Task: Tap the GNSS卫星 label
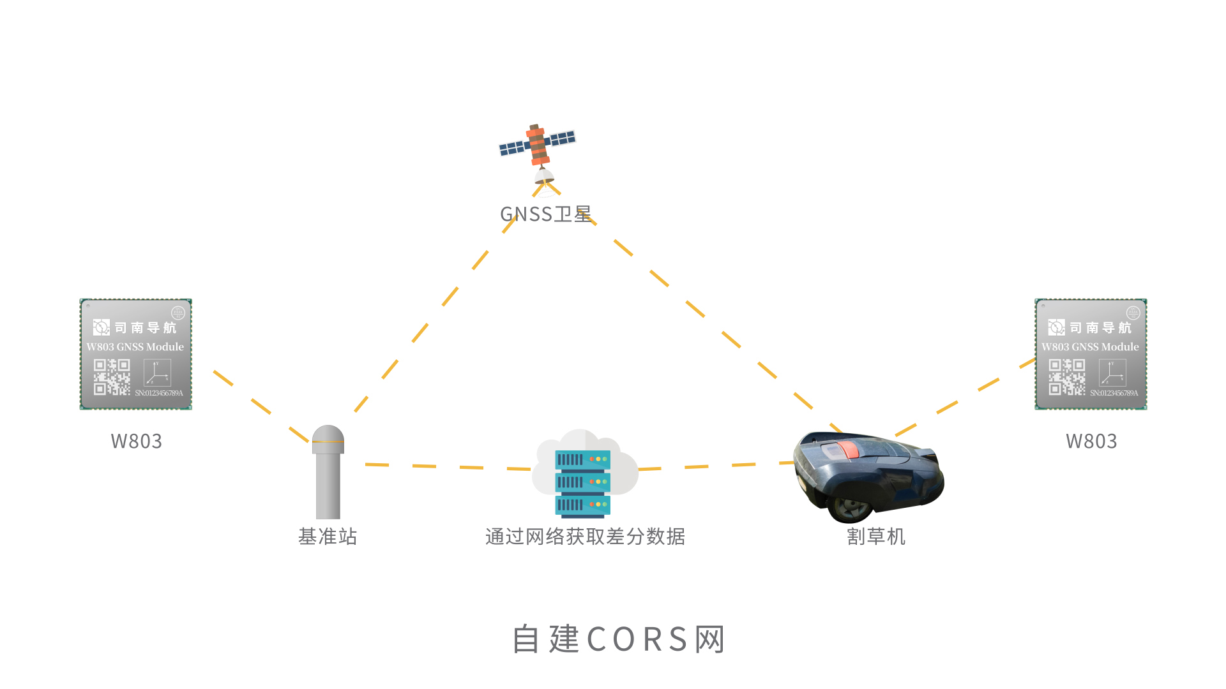[x=545, y=214]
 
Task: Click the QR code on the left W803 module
[x=112, y=376]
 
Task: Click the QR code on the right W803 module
[x=1066, y=376]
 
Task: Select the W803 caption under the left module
[x=136, y=441]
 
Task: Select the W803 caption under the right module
[x=1091, y=441]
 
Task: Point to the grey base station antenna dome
[x=328, y=439]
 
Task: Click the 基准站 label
[x=328, y=537]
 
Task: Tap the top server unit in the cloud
[x=582, y=459]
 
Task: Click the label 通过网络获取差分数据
[x=585, y=537]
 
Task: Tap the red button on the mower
[x=847, y=449]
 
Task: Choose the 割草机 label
[x=876, y=537]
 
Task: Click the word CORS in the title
[x=637, y=639]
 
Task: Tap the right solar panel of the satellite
[x=562, y=138]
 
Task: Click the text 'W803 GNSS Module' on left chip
[x=135, y=347]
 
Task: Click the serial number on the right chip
[x=1114, y=393]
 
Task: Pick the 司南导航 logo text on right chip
[x=1100, y=328]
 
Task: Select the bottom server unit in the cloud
[x=582, y=505]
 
